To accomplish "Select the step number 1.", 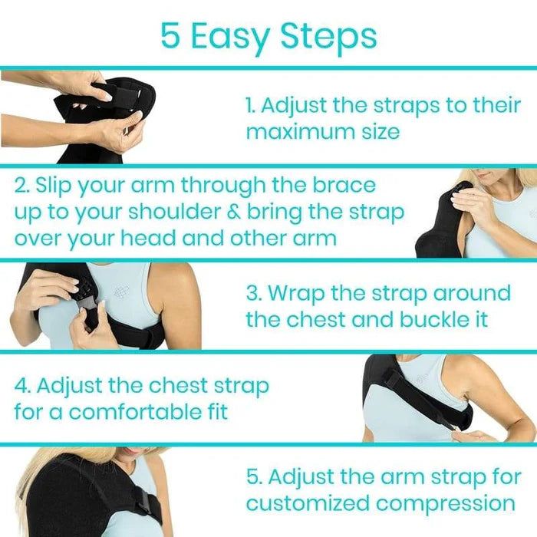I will click(251, 106).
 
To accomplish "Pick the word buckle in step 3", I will click(432, 319).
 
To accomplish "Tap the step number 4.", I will click(21, 385).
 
